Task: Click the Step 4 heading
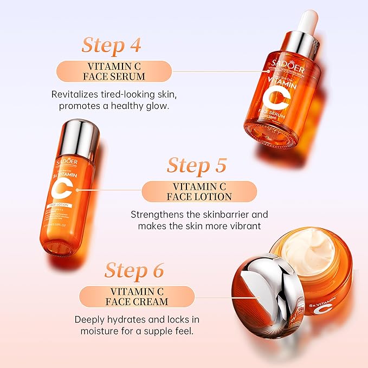coord(111,45)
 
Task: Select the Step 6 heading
coord(134,269)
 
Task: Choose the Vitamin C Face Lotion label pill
coord(199,191)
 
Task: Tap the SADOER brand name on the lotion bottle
coord(66,163)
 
